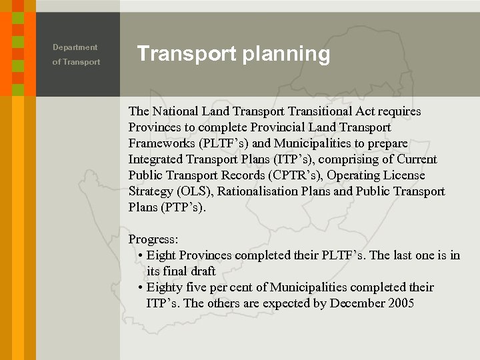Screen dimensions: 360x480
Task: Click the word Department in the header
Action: tap(75, 47)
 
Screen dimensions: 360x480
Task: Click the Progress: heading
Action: tap(153, 239)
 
